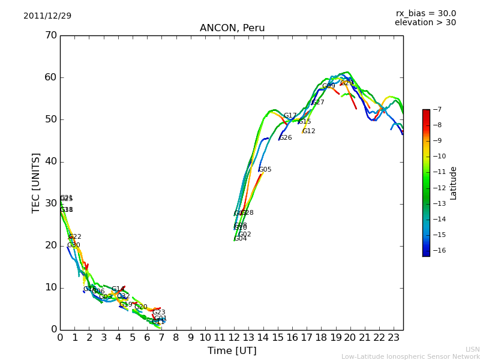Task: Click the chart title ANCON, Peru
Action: click(232, 28)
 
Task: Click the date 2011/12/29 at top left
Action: click(47, 16)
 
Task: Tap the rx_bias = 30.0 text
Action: click(425, 13)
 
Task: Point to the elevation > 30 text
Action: click(425, 23)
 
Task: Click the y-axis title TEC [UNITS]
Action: click(36, 182)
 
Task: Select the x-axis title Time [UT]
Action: click(232, 350)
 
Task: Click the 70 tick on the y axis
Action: click(50, 35)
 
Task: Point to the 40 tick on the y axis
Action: click(50, 161)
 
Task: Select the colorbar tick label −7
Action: click(436, 109)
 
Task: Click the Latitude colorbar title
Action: click(454, 183)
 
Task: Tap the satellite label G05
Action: click(265, 170)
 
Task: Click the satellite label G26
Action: click(286, 138)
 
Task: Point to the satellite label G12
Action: click(308, 131)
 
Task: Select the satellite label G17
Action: click(290, 116)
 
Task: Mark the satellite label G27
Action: click(318, 103)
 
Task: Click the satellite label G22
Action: click(75, 237)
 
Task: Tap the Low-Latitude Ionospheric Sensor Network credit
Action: click(410, 356)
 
